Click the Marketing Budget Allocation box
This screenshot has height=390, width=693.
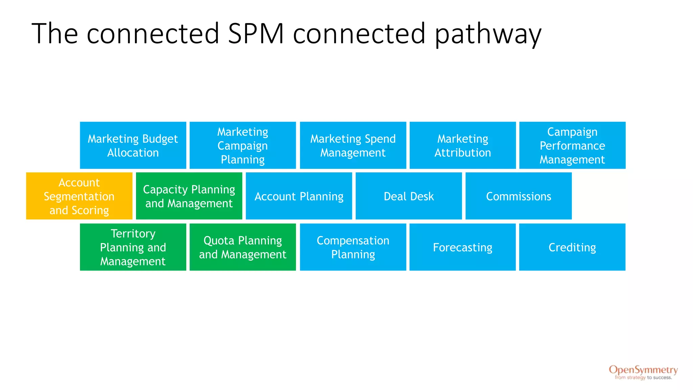pyautogui.click(x=133, y=145)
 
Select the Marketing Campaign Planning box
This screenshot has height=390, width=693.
pyautogui.click(x=243, y=145)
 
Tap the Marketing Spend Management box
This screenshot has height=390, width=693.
pyautogui.click(x=353, y=145)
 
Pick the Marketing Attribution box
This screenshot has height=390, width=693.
pyautogui.click(x=463, y=145)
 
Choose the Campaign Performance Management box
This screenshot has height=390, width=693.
pyautogui.click(x=572, y=145)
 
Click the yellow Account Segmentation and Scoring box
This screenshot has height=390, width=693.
pyautogui.click(x=79, y=196)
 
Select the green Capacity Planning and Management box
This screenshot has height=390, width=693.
pyautogui.click(x=189, y=196)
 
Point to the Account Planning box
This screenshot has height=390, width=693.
pyautogui.click(x=299, y=196)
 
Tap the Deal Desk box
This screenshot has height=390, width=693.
pyautogui.click(x=408, y=196)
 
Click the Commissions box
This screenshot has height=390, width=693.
pyautogui.click(x=518, y=196)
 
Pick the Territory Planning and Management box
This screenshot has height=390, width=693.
pyautogui.click(x=133, y=247)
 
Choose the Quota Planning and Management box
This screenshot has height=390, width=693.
pyautogui.click(x=243, y=247)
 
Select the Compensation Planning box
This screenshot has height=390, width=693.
pyautogui.click(x=353, y=247)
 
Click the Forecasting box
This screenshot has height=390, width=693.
pyautogui.click(x=463, y=247)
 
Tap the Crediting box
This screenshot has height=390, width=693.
pyautogui.click(x=572, y=247)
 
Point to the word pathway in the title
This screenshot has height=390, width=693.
pyautogui.click(x=488, y=34)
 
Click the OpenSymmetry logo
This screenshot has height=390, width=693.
pyautogui.click(x=643, y=370)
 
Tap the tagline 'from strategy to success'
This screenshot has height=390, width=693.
pyautogui.click(x=643, y=377)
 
